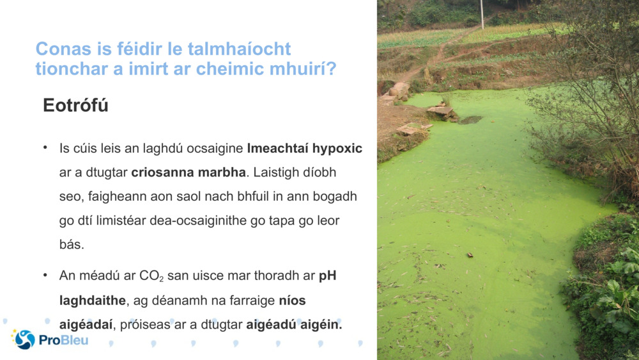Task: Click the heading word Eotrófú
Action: point(75,106)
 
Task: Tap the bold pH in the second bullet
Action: point(327,276)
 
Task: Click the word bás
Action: point(72,244)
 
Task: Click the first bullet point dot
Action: point(46,148)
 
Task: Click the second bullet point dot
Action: point(46,276)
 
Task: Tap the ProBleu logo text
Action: point(63,340)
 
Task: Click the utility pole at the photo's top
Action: point(482,13)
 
